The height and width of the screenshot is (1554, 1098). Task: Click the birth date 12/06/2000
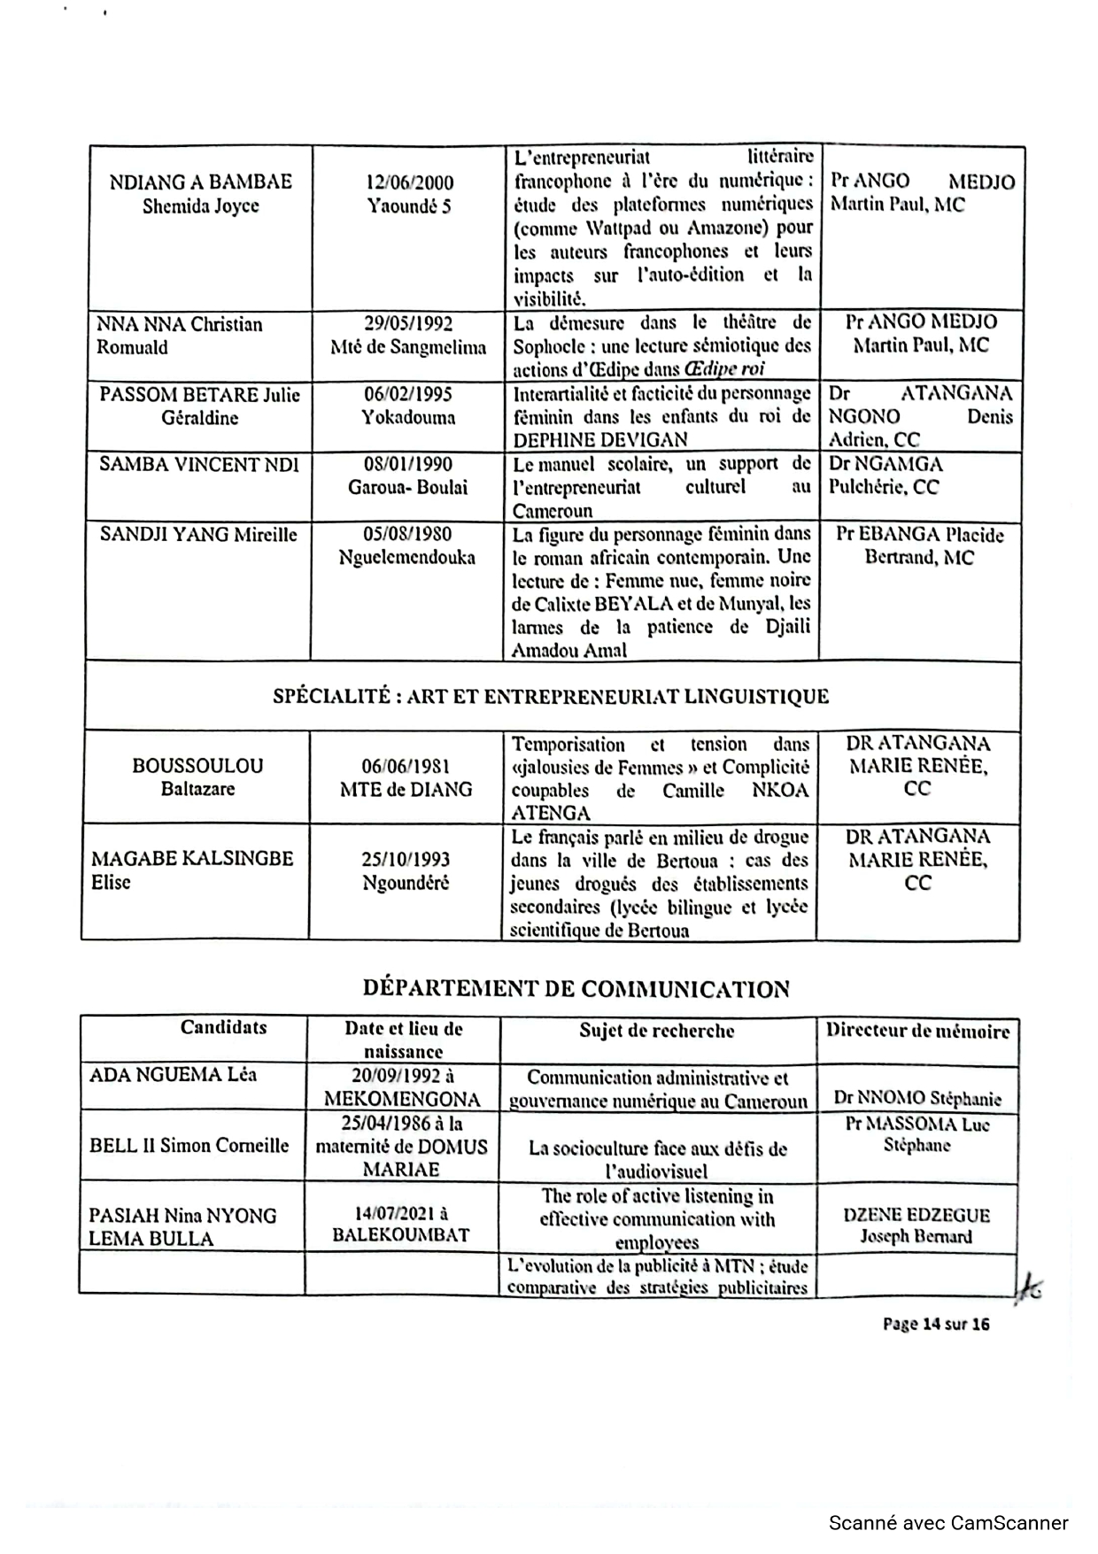[409, 183]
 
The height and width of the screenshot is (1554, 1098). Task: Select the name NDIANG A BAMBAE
[200, 182]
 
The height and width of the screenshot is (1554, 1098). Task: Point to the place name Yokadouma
[408, 417]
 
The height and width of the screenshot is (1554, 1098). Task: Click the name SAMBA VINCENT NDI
[199, 464]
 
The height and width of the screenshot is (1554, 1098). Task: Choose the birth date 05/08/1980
[407, 534]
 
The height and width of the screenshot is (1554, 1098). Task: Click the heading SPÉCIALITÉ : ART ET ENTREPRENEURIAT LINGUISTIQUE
[551, 697]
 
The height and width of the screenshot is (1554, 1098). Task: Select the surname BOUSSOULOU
[197, 766]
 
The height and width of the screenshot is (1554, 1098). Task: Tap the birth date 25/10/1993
[406, 860]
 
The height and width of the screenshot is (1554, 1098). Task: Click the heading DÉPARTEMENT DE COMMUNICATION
[576, 989]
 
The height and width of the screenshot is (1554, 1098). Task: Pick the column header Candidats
[223, 1027]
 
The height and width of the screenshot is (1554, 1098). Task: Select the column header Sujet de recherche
[657, 1031]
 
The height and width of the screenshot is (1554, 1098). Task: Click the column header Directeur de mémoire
[917, 1031]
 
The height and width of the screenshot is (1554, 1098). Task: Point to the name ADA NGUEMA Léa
[173, 1075]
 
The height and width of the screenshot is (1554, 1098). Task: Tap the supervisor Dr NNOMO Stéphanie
[917, 1099]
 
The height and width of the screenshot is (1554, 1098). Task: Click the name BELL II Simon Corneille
[189, 1146]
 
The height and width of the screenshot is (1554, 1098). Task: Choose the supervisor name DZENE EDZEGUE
[916, 1215]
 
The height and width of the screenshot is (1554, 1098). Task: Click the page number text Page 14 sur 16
[936, 1324]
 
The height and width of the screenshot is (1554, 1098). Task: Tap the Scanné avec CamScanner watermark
[948, 1523]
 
